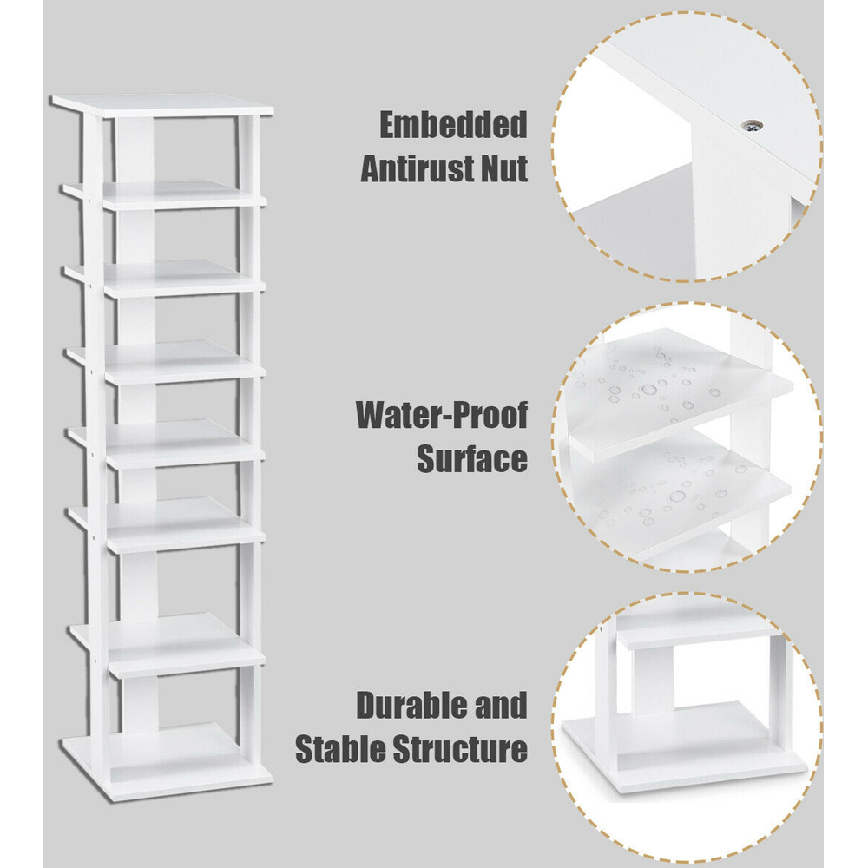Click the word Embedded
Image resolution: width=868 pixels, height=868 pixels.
453,125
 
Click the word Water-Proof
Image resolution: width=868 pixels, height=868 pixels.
442,415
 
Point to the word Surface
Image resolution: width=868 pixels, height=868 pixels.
472,459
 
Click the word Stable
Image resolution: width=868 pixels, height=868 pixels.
341,750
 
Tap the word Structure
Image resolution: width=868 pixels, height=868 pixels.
461,750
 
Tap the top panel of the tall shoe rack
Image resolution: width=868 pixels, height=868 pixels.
162,105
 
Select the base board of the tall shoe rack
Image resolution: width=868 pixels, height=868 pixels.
166,761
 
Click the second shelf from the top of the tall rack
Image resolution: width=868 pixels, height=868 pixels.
164,194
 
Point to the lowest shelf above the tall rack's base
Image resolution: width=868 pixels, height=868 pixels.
167,644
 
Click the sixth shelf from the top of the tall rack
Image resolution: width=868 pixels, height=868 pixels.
166,523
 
